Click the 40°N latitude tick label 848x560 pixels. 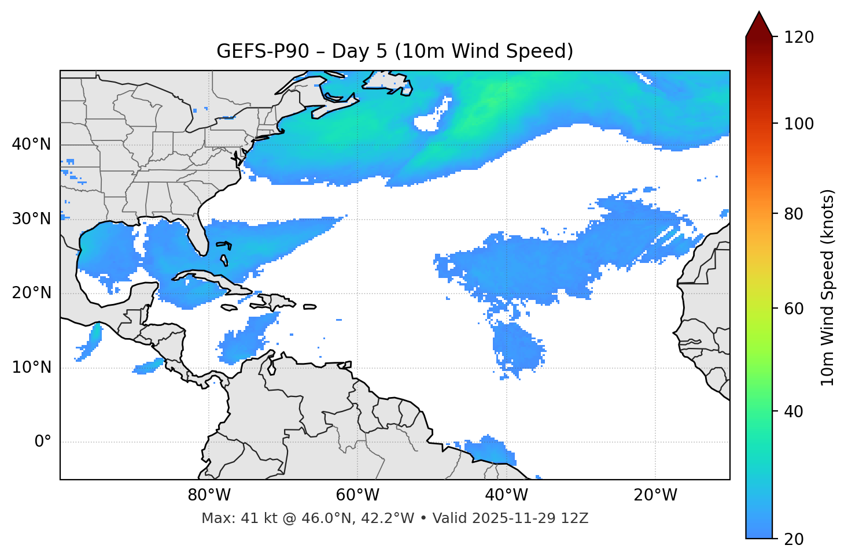[x=31, y=144]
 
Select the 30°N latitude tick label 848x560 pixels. [x=31, y=219]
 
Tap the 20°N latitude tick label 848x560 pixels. [x=31, y=293]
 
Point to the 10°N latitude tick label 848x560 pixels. [x=31, y=368]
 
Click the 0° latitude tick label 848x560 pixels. [x=43, y=442]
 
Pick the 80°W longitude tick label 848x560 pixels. [x=209, y=495]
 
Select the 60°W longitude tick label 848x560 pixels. [x=357, y=495]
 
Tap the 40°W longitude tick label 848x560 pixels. [x=506, y=495]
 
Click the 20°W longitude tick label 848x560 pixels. [x=655, y=495]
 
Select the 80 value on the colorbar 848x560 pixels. [x=796, y=214]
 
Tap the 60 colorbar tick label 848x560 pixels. [x=796, y=309]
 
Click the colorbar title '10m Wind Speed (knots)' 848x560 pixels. [x=828, y=287]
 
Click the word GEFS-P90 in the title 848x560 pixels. [x=255, y=51]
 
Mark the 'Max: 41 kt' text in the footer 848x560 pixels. [x=231, y=518]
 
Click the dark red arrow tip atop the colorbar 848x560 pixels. [x=759, y=23]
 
